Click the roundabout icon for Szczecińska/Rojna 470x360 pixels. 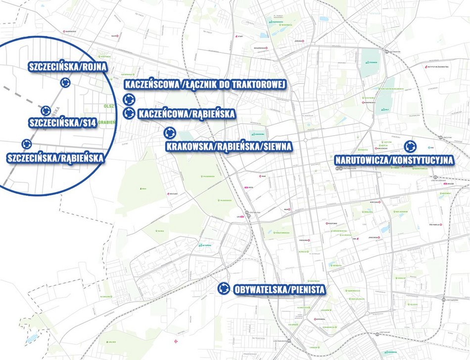[64, 83]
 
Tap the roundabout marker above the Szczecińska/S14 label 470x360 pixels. [46, 110]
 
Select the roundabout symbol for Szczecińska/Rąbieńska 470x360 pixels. [26, 144]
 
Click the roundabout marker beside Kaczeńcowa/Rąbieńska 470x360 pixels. [129, 113]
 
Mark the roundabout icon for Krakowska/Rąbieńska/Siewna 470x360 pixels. [170, 133]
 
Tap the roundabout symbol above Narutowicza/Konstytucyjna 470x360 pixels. [410, 147]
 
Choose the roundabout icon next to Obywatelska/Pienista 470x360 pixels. [224, 288]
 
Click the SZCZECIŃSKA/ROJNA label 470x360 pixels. [68, 67]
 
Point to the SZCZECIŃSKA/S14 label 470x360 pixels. [62, 122]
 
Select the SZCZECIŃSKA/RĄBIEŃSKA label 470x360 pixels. [55, 158]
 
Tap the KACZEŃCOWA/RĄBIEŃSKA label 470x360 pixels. [187, 114]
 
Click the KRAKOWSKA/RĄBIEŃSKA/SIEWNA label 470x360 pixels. [229, 146]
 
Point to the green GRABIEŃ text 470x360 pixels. [106, 122]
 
